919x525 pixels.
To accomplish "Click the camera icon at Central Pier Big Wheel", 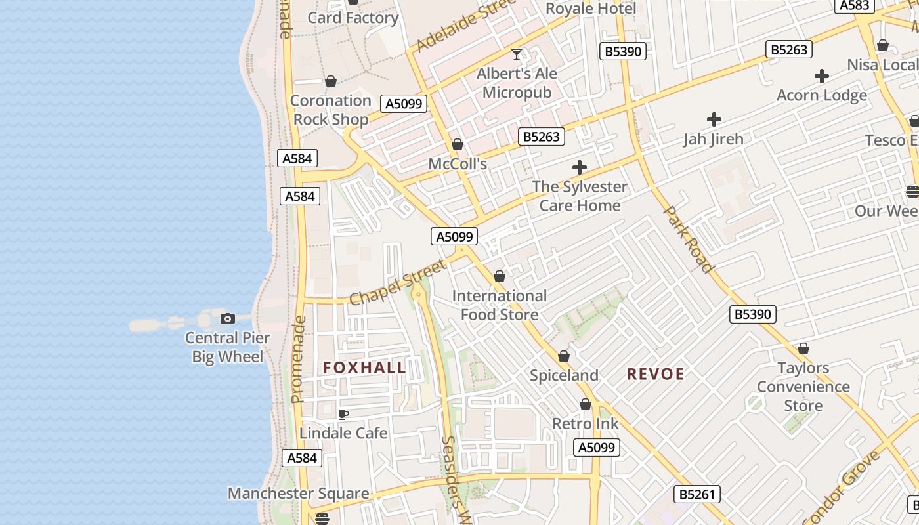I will (x=228, y=319).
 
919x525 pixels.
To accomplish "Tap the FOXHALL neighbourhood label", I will (x=364, y=367).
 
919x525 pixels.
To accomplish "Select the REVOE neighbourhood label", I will (x=655, y=374).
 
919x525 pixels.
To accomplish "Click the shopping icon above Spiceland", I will (x=563, y=357).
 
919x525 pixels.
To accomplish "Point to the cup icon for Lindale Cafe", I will (x=343, y=414).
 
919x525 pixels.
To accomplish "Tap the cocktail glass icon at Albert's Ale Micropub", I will (x=517, y=54).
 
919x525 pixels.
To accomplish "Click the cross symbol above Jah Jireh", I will (x=714, y=119).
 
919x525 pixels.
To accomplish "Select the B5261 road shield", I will (x=696, y=494).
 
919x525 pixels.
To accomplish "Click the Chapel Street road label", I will (x=397, y=283).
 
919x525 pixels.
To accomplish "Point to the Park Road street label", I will (x=688, y=240).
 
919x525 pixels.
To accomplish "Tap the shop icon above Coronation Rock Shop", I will (x=331, y=82).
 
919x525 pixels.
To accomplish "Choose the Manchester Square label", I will (x=298, y=493).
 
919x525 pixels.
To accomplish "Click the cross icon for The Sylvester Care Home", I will (x=579, y=167).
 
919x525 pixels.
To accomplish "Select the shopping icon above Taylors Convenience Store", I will (x=803, y=348).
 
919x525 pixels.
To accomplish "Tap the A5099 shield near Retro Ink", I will (x=597, y=448).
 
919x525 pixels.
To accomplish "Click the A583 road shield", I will (x=855, y=5).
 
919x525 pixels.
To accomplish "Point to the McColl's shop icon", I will (x=458, y=145).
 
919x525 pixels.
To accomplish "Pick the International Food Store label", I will (x=499, y=305).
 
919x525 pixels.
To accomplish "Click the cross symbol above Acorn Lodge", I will (x=821, y=76).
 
